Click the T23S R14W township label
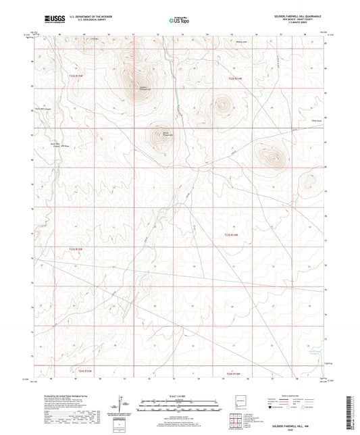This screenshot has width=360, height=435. [x=232, y=234]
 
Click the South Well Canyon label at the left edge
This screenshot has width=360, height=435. [x=45, y=108]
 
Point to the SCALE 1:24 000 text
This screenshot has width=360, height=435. [x=179, y=394]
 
